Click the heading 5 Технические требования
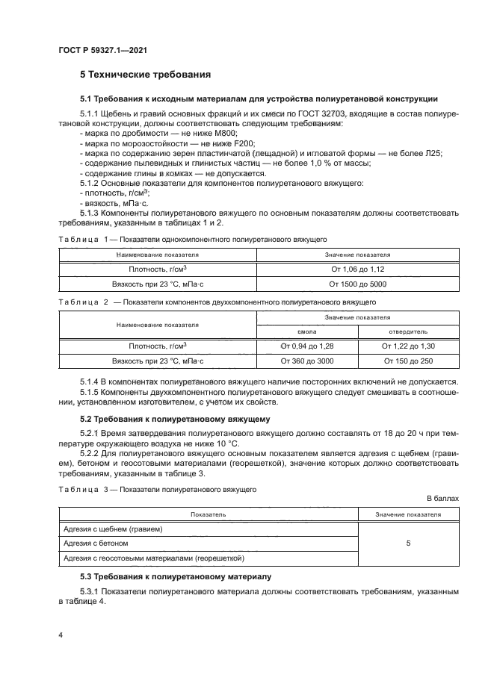(145, 75)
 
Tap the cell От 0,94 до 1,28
(307, 346)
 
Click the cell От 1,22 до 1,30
(408, 346)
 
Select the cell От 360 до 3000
(307, 361)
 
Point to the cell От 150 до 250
(408, 361)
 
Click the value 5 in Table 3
(408, 543)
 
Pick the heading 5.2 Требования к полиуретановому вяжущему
(176, 420)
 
